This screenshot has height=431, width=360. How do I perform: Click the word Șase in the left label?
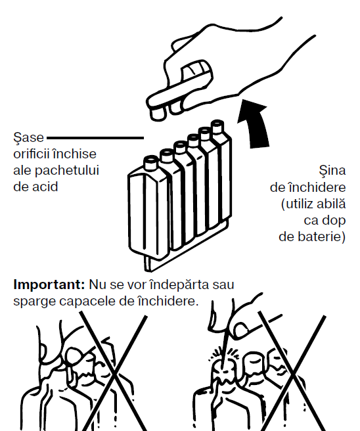point(29,137)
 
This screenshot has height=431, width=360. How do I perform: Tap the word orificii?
point(32,154)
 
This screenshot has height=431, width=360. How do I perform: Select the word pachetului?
point(67,171)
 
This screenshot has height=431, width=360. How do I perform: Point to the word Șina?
point(332,170)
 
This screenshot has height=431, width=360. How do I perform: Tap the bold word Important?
point(49,284)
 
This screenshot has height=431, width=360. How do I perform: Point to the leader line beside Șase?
point(95,138)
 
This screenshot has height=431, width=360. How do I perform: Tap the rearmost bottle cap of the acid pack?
point(217,126)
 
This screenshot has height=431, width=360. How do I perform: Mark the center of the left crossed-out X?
point(114,372)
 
